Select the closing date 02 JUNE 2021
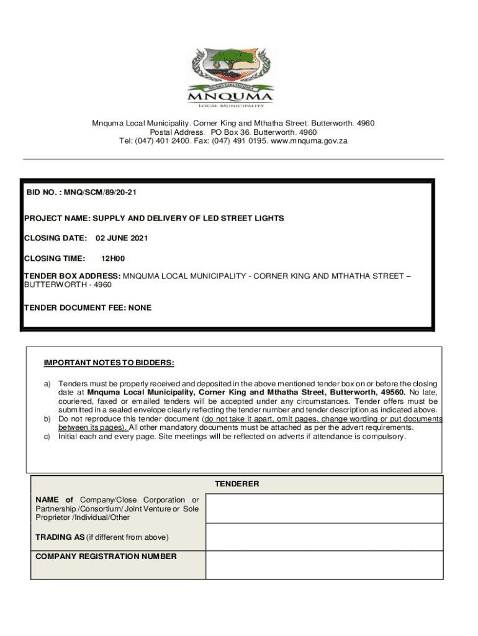click(122, 238)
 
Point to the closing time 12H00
click(113, 258)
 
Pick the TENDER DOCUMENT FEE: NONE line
click(88, 308)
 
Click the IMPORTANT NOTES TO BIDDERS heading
click(109, 363)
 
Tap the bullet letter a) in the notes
click(47, 384)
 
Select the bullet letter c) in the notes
click(47, 437)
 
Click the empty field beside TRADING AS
click(324, 537)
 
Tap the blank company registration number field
click(324, 565)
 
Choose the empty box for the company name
click(324, 509)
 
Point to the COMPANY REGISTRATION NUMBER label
click(106, 556)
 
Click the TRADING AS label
click(60, 537)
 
